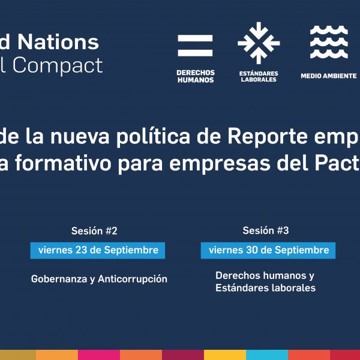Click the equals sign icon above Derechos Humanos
point(195,46)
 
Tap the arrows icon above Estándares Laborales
point(259,43)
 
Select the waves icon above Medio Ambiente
point(329,42)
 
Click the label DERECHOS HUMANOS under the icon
point(196,76)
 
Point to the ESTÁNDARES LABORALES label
point(259,76)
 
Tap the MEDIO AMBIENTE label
point(329,76)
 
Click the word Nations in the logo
point(58,42)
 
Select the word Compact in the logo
point(58,65)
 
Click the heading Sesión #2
point(94,231)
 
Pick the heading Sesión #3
point(266,230)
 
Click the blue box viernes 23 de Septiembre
point(98,250)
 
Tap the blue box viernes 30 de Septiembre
point(268,250)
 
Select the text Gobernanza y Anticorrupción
point(99,279)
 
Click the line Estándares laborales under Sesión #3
point(265,288)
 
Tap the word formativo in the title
point(64,164)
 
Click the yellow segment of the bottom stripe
point(225,355)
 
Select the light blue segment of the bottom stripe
point(267,355)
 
